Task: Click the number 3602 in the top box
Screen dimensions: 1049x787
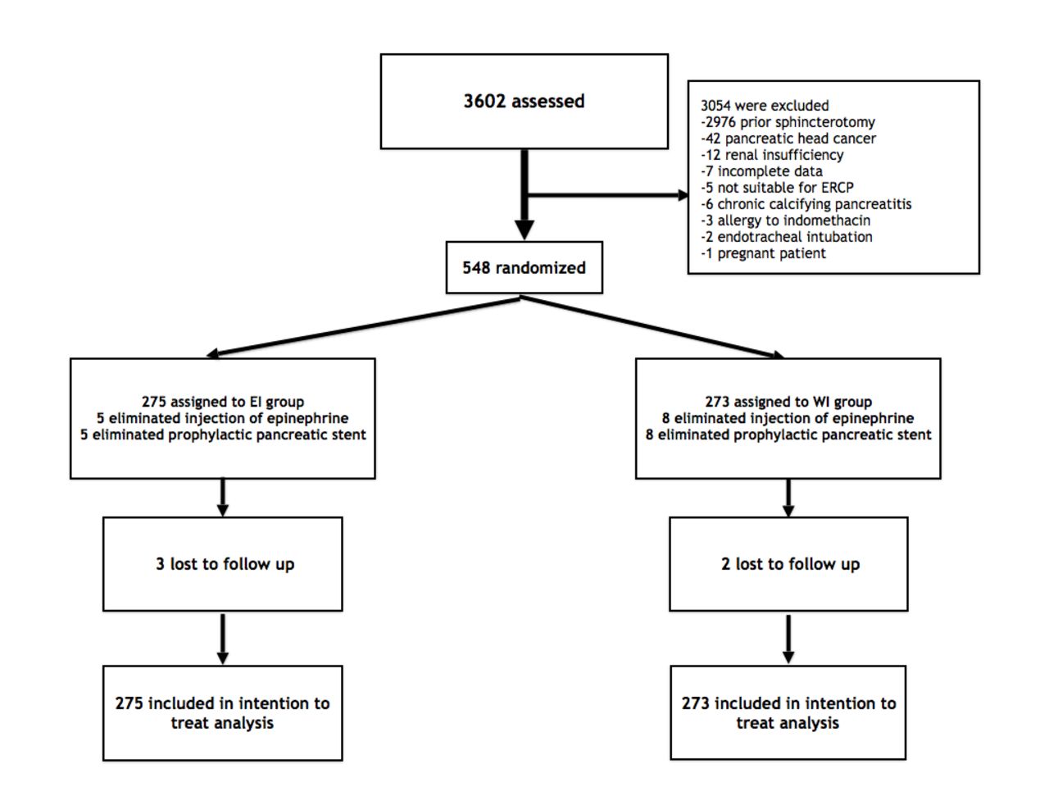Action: click(x=484, y=101)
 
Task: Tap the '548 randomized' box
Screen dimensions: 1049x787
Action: click(x=524, y=267)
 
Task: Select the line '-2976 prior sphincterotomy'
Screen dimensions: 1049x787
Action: click(x=788, y=122)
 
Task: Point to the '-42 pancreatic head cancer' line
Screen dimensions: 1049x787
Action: click(x=788, y=139)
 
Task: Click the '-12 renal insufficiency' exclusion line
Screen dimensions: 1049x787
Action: click(x=772, y=155)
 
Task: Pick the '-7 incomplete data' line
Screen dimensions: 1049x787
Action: click(x=761, y=171)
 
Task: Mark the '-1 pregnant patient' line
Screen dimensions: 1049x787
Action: click(x=763, y=253)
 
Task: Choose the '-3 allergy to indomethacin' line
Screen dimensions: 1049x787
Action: click(x=785, y=221)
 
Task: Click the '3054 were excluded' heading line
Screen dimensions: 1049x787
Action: click(x=765, y=106)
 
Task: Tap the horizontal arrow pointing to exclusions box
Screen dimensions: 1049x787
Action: click(x=607, y=195)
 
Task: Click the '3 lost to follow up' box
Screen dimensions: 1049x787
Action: click(x=223, y=564)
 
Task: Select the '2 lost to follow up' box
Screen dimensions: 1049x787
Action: click(x=788, y=564)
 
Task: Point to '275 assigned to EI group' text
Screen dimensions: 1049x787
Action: click(x=223, y=402)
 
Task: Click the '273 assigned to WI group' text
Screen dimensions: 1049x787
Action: click(x=788, y=402)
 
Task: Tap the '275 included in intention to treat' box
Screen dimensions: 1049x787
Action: click(x=223, y=713)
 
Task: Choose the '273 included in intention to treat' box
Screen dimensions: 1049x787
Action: click(x=788, y=712)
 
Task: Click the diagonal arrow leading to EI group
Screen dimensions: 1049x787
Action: click(x=363, y=327)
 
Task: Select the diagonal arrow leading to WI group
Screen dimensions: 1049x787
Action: click(x=652, y=327)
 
